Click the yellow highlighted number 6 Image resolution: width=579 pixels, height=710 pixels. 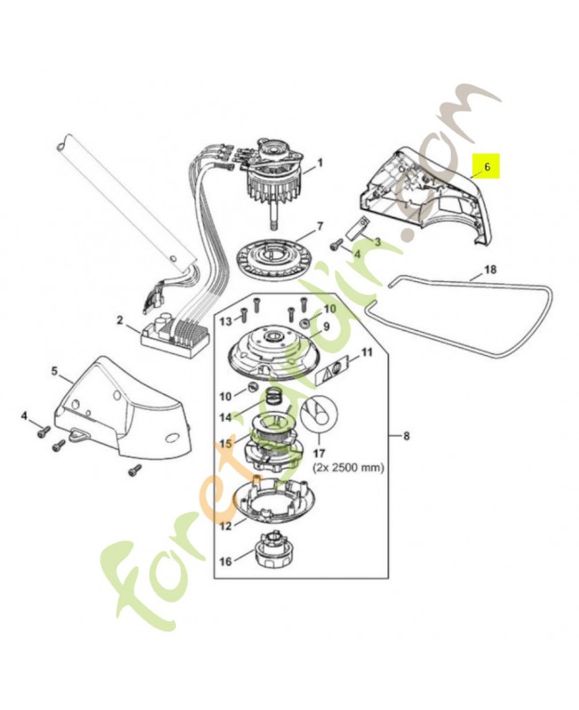click(486, 166)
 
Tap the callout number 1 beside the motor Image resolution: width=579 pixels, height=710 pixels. click(320, 162)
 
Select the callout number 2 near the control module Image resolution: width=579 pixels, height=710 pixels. click(119, 319)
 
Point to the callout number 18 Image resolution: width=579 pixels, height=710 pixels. click(489, 269)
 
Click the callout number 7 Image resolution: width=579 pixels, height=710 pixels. click(320, 226)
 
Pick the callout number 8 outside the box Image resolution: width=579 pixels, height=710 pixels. click(406, 436)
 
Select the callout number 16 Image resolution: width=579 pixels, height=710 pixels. click(224, 561)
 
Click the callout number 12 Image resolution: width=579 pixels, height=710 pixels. click(226, 525)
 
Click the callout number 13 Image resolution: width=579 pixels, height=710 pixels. click(226, 320)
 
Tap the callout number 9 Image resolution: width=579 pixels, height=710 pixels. click(325, 327)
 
